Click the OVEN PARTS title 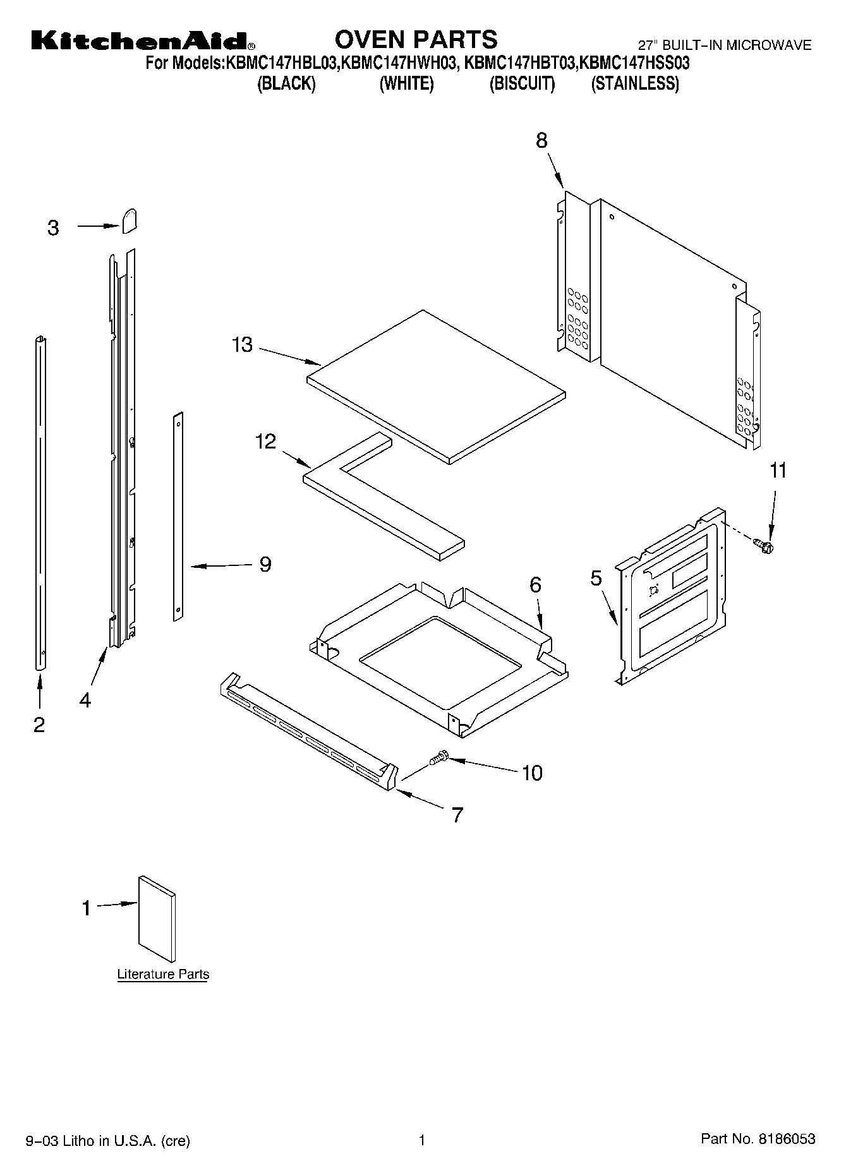(416, 40)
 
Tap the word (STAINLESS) (634, 83)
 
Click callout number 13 (242, 345)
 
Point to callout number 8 (541, 140)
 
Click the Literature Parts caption (163, 974)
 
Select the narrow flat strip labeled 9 (178, 515)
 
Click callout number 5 (596, 578)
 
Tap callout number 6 (535, 585)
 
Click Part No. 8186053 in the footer (758, 1139)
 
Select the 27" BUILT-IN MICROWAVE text (724, 45)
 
